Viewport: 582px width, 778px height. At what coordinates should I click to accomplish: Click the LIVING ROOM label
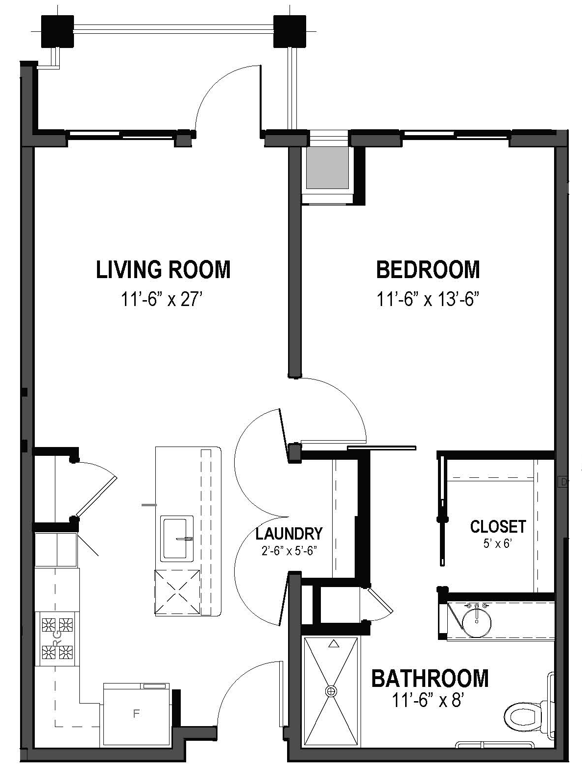click(x=163, y=270)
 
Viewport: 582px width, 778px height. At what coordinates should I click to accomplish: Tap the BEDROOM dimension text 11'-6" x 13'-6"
click(x=428, y=299)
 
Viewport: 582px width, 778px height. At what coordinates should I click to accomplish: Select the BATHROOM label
click(x=430, y=679)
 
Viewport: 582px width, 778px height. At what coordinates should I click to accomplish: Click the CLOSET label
click(x=498, y=527)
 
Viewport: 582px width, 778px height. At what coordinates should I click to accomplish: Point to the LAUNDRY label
click(x=289, y=533)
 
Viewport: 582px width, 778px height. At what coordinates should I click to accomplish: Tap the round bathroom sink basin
click(x=477, y=620)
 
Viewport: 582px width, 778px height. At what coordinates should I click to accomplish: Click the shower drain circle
click(x=332, y=691)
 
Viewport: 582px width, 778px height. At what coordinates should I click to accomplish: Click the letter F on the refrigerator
click(x=137, y=714)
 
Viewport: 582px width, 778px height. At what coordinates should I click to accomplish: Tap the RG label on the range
click(x=56, y=637)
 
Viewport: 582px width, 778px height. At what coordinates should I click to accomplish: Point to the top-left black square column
click(x=57, y=31)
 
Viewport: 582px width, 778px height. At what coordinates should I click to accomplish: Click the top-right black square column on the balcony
click(x=290, y=31)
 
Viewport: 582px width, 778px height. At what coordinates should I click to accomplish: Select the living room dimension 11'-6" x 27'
click(x=162, y=299)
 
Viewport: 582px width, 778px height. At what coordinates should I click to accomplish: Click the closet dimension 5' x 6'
click(x=497, y=543)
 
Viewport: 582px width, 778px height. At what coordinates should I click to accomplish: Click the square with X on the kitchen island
click(x=177, y=592)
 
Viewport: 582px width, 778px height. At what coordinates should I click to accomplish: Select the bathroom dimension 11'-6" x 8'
click(x=428, y=702)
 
